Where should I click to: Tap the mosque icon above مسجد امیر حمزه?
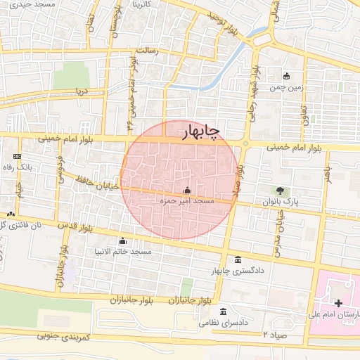pyautogui.click(x=187, y=190)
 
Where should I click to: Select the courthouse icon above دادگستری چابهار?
pyautogui.click(x=236, y=259)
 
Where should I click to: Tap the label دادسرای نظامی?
pyautogui.click(x=224, y=323)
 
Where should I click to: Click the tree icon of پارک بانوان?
pyautogui.click(x=281, y=190)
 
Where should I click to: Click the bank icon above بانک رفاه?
pyautogui.click(x=18, y=156)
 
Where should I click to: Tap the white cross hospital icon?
pyautogui.click(x=339, y=303)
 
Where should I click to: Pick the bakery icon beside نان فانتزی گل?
pyautogui.click(x=11, y=213)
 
